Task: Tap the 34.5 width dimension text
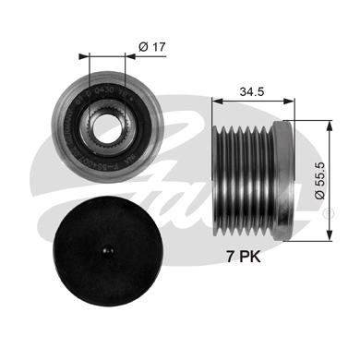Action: click(x=252, y=93)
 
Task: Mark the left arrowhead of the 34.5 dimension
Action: click(x=217, y=104)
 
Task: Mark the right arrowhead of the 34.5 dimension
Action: click(x=293, y=104)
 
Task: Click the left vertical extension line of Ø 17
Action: click(x=89, y=83)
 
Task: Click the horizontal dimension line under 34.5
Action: click(x=254, y=104)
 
